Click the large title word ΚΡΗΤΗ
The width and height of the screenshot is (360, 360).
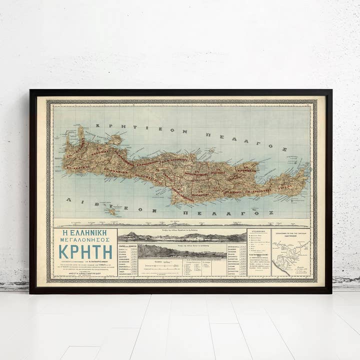pyautogui.click(x=85, y=251)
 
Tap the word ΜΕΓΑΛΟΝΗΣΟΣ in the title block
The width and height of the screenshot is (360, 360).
pyautogui.click(x=85, y=240)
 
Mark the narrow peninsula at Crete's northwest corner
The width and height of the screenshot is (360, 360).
pyautogui.click(x=80, y=133)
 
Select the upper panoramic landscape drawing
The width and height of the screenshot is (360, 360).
pyautogui.click(x=182, y=236)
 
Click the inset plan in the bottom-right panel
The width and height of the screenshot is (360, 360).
pyautogui.click(x=291, y=256)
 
